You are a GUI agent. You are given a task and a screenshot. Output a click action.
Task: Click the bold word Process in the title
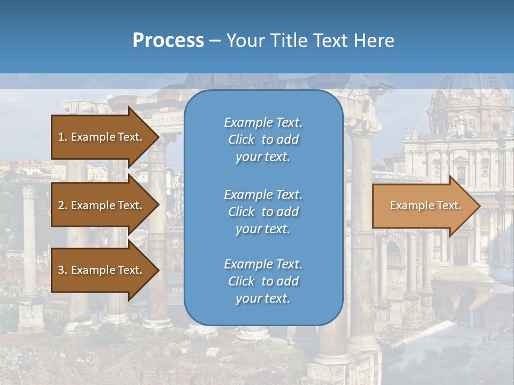[168, 41]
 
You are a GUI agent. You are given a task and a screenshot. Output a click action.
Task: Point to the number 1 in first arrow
[61, 137]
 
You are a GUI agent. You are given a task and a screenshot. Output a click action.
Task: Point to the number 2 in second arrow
[61, 205]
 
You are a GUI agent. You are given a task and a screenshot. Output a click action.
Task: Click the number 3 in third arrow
[61, 270]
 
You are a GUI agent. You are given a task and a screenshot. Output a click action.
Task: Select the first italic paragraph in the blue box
[263, 140]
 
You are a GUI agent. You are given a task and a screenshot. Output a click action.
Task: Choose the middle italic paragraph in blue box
[263, 212]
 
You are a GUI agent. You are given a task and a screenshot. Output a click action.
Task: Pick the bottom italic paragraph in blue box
[263, 281]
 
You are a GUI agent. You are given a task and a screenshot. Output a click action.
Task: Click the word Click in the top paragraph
[241, 140]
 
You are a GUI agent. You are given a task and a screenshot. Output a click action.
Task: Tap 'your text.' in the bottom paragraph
[263, 298]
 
